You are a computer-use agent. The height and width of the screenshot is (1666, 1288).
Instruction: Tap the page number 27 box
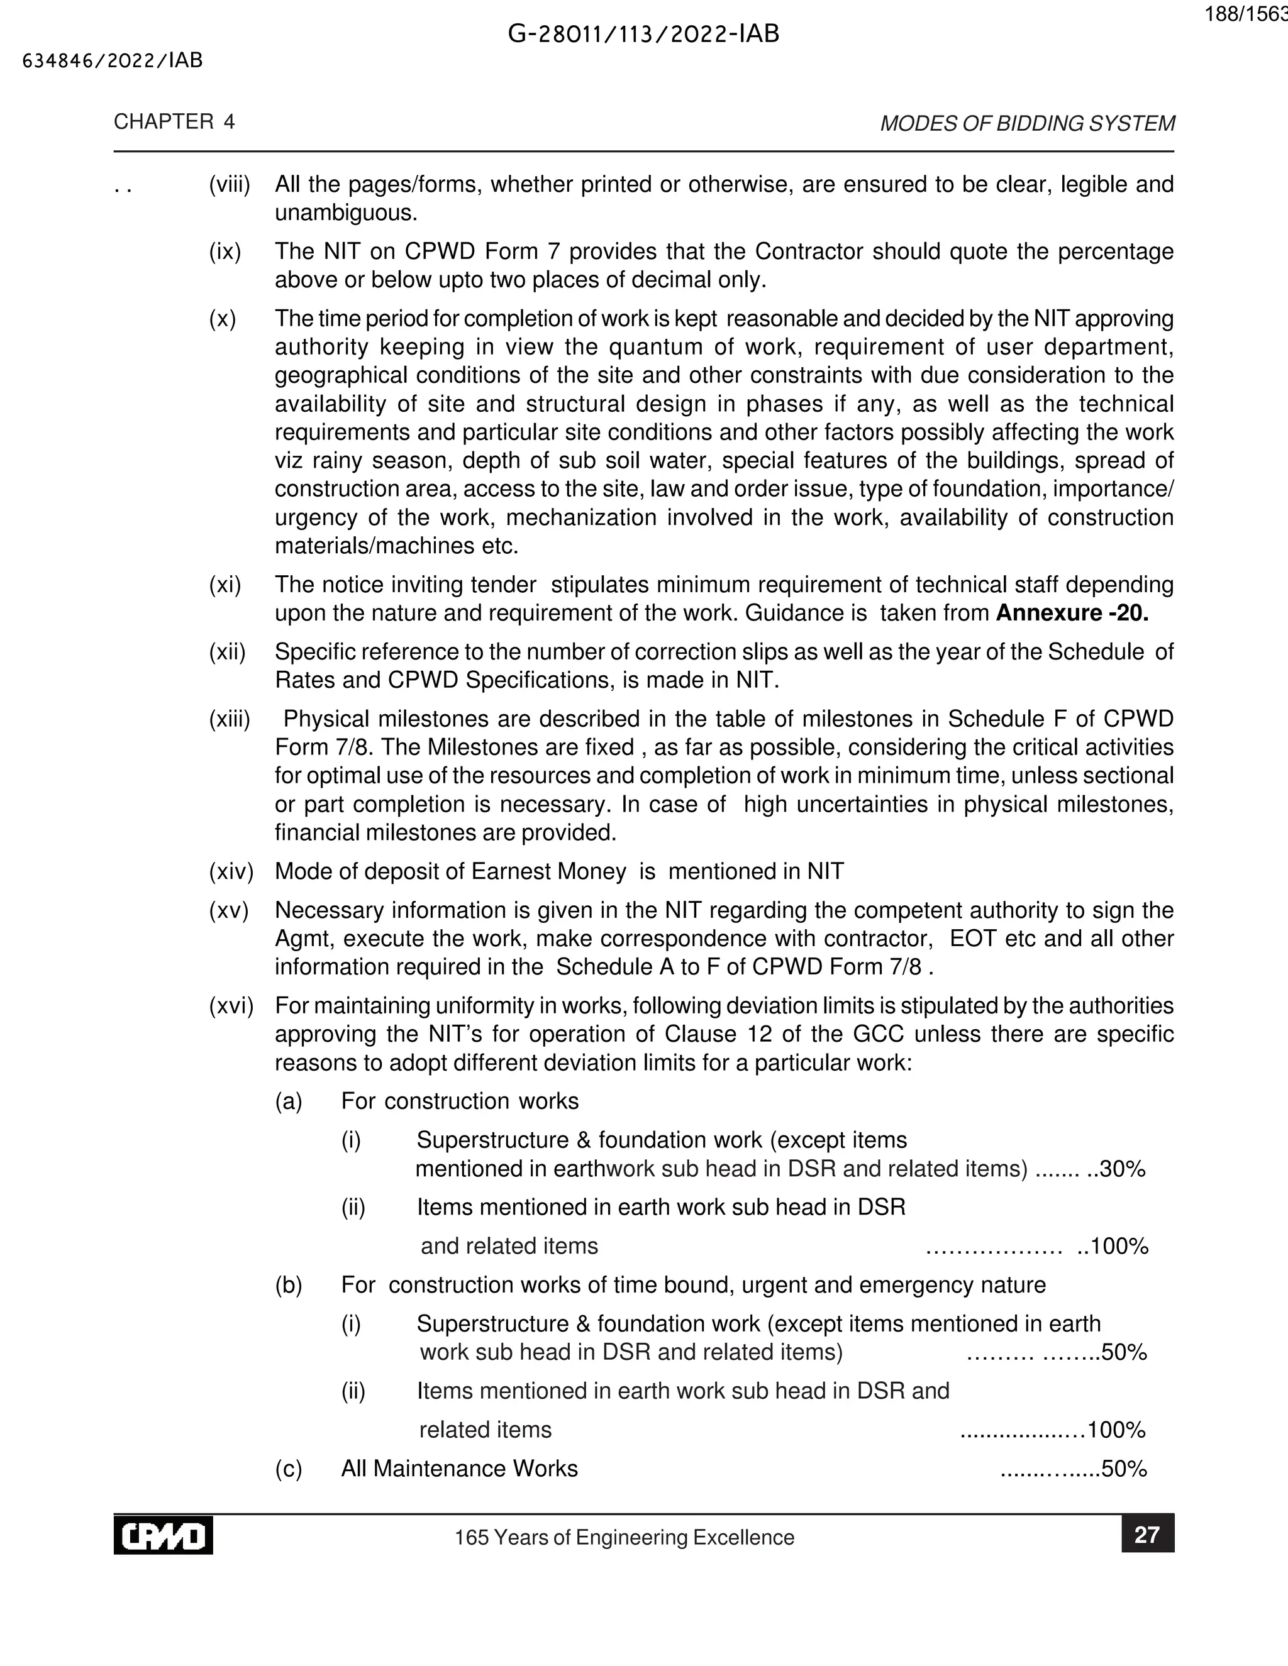[x=1147, y=1535]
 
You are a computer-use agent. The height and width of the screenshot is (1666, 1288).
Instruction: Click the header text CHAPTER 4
[x=174, y=122]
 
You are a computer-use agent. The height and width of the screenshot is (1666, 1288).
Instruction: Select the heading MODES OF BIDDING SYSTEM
[x=1027, y=124]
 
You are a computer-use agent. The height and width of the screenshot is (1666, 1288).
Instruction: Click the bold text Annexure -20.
[x=1071, y=614]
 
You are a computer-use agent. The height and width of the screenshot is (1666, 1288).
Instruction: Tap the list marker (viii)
[x=230, y=185]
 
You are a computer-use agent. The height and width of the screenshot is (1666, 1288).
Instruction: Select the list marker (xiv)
[x=230, y=871]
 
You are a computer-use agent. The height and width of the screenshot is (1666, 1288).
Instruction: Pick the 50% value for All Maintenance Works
[x=1124, y=1469]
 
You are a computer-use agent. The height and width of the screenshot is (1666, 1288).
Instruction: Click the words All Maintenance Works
[x=459, y=1469]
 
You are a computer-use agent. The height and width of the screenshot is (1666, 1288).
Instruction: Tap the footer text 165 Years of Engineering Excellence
[x=624, y=1537]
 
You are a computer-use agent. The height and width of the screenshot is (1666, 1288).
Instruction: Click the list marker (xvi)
[x=230, y=1005]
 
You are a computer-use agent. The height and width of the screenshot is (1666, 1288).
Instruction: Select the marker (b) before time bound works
[x=289, y=1284]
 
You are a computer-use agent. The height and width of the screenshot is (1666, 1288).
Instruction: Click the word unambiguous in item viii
[x=346, y=213]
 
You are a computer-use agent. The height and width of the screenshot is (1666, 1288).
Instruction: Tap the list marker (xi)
[x=225, y=585]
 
